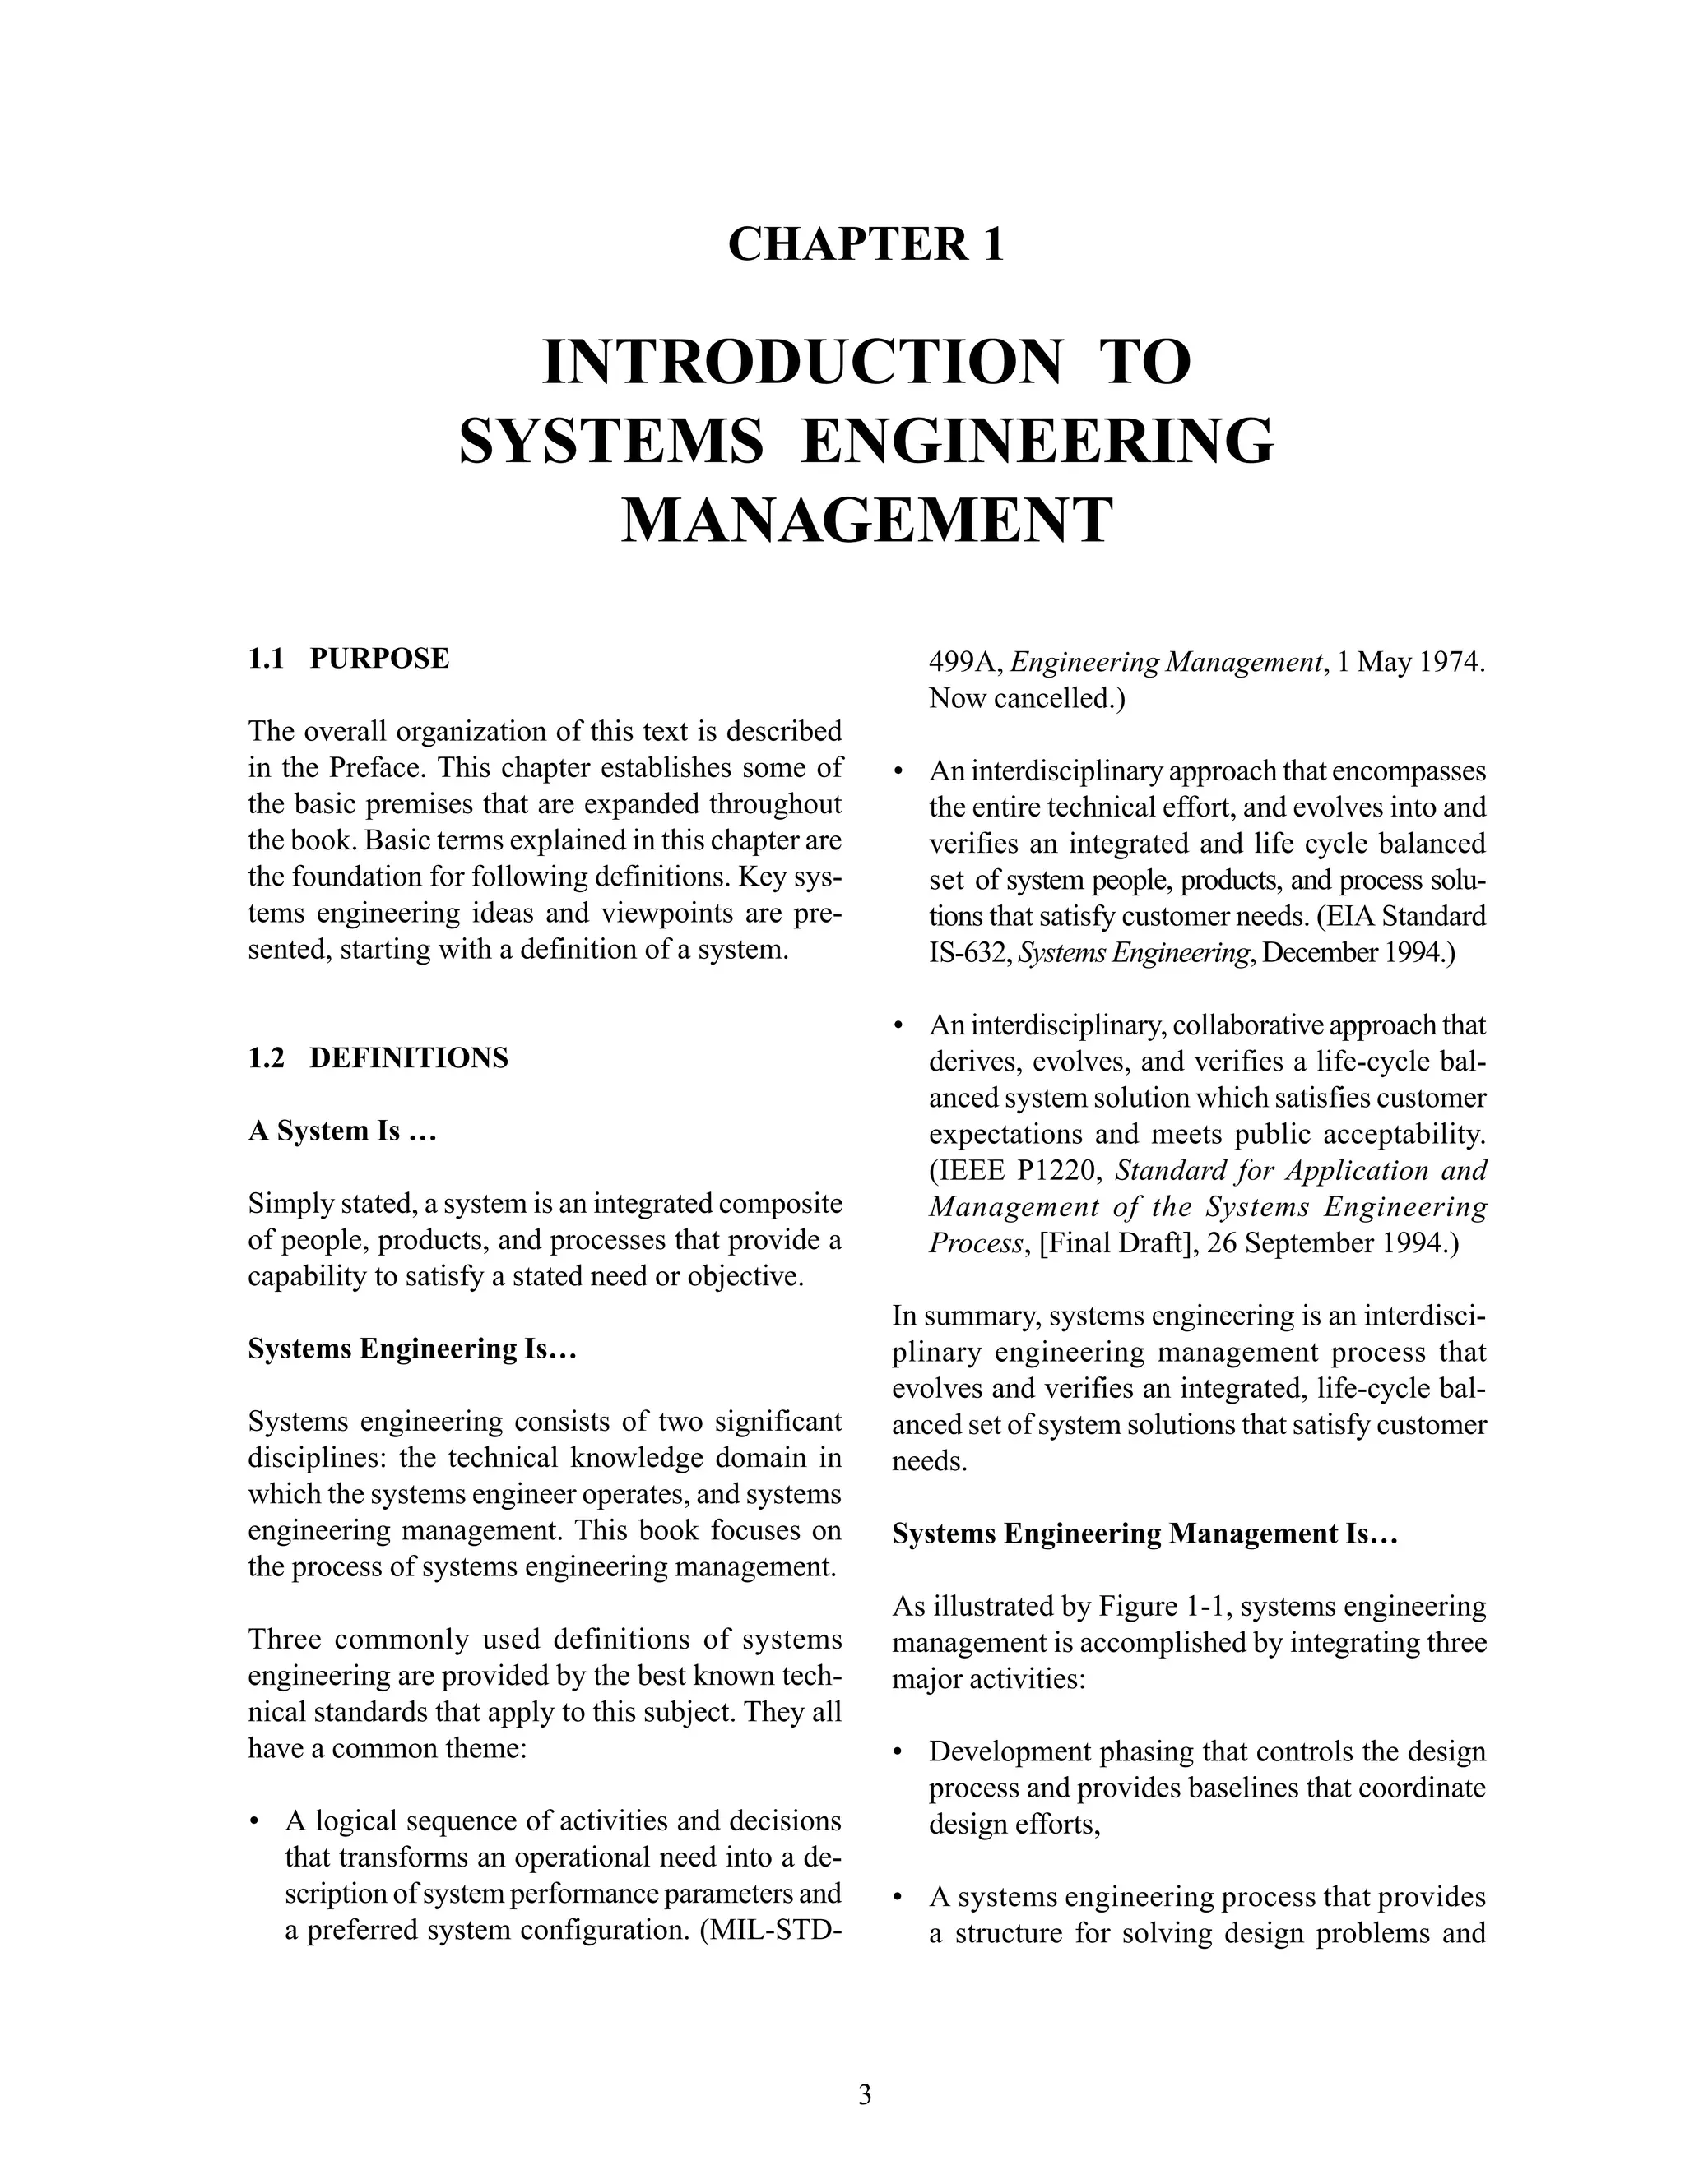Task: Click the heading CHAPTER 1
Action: [866, 245]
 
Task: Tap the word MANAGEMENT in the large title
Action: [866, 520]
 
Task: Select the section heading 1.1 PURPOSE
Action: [348, 659]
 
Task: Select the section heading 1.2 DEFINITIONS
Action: [378, 1057]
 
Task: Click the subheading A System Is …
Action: [342, 1131]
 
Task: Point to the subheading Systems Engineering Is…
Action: [412, 1348]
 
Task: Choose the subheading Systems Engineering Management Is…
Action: [1144, 1534]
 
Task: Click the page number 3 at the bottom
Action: [865, 2094]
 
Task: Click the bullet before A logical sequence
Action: [257, 1823]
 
